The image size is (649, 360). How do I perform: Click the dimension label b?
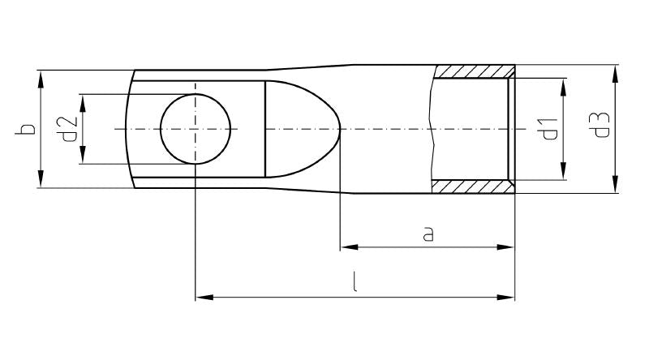(x=27, y=130)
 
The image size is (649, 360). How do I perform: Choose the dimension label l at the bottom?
(x=355, y=284)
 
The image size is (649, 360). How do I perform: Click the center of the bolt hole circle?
(x=196, y=129)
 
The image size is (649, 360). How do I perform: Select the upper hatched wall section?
(x=472, y=71)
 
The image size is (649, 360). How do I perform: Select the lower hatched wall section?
(x=472, y=187)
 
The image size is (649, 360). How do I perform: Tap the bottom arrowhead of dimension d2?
(x=82, y=156)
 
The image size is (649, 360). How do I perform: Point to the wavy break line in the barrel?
(x=434, y=130)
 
